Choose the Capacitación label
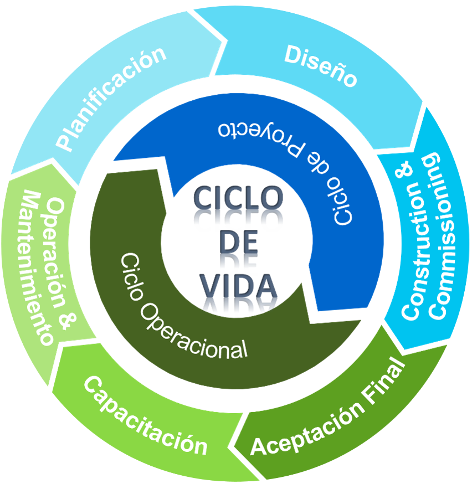tap(146, 415)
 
